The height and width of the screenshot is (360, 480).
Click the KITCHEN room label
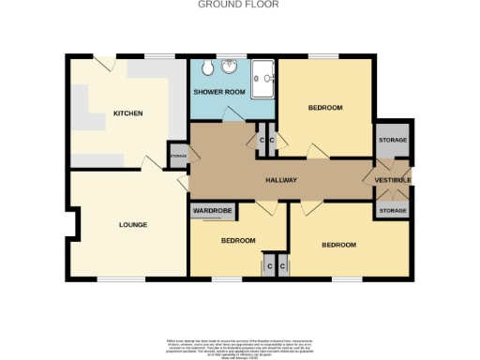[127, 113]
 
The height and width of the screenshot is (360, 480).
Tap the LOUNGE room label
[131, 224]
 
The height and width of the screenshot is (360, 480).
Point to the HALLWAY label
[280, 180]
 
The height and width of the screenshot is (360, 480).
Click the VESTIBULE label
[393, 180]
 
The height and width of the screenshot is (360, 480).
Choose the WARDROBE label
[212, 212]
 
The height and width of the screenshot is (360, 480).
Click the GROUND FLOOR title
[238, 5]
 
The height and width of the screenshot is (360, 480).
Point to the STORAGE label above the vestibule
[392, 141]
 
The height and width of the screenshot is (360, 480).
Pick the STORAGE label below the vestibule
[392, 211]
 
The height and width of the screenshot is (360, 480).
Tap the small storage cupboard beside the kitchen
[178, 157]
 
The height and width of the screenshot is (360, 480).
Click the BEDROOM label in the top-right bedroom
[325, 109]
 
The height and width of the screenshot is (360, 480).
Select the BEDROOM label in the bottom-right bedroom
[338, 245]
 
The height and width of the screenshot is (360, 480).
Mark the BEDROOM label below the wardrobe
[238, 241]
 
